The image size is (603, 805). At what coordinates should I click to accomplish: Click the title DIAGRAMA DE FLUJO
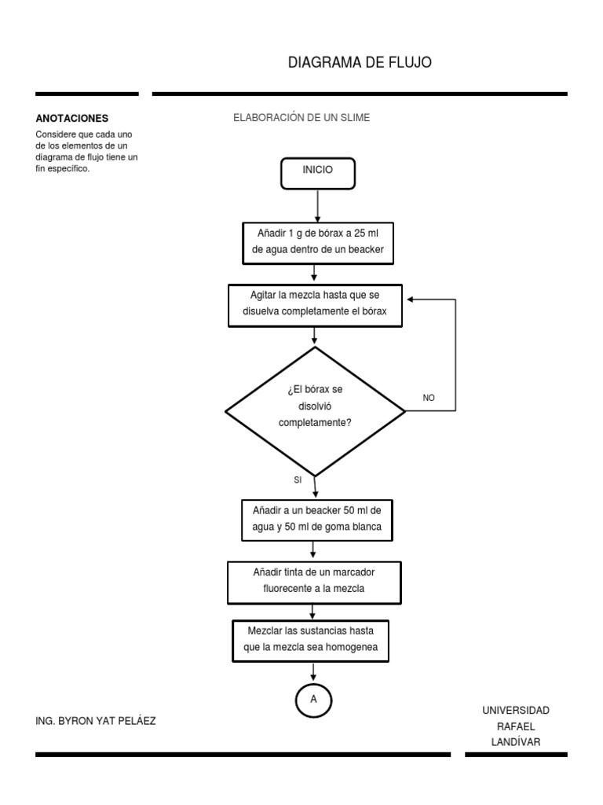point(360,63)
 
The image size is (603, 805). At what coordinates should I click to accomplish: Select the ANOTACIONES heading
point(71,118)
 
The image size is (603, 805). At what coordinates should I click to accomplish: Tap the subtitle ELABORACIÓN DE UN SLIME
point(301,117)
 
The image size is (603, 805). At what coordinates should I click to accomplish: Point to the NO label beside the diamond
point(429,398)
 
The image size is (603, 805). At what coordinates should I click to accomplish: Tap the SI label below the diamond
point(298,480)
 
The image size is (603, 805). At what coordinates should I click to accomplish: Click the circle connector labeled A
point(314,699)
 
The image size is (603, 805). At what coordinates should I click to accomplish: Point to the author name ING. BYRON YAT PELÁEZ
point(97,720)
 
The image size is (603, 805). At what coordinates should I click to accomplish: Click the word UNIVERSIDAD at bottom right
point(516,711)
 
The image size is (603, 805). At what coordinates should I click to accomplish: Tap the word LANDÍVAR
point(516,742)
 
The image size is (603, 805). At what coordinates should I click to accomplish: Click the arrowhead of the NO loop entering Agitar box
point(410,300)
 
